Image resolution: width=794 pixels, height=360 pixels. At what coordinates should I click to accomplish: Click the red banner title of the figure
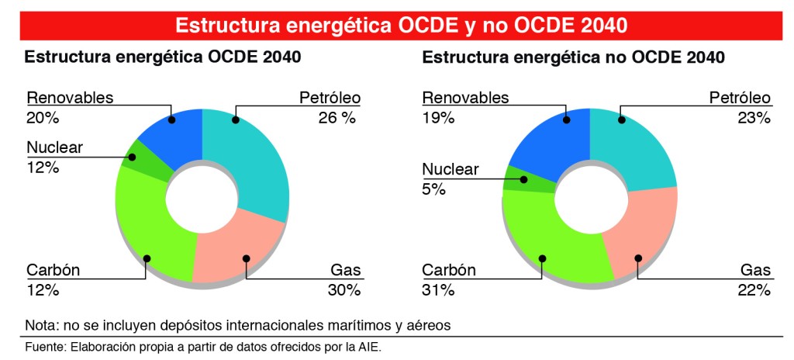(x=401, y=25)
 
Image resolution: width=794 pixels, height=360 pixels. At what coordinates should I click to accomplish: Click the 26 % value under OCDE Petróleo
(x=337, y=118)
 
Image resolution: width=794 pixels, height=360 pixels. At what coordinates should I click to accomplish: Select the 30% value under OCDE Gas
(x=343, y=290)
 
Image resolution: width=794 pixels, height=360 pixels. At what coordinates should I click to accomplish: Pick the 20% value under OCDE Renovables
(x=43, y=118)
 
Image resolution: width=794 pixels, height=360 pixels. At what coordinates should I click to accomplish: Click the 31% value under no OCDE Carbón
(x=438, y=290)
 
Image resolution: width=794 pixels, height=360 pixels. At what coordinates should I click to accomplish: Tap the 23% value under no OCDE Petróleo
(x=754, y=118)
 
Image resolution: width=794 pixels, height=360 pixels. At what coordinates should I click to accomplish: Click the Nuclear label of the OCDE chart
(x=54, y=147)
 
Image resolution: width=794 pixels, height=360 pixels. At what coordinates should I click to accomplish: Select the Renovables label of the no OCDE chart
(x=465, y=98)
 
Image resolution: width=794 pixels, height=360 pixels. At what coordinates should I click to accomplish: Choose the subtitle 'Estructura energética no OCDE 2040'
(x=574, y=57)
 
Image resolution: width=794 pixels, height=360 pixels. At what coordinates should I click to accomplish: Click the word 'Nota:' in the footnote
(x=41, y=324)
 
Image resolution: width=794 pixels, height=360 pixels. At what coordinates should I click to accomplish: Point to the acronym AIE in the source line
(x=369, y=347)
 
